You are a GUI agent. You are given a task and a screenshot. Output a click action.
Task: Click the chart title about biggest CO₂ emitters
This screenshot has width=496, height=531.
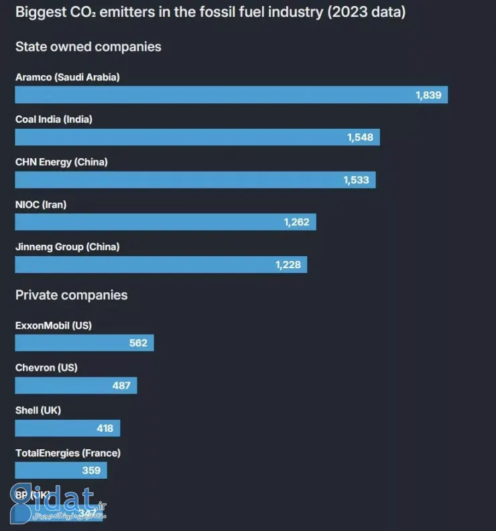[210, 13]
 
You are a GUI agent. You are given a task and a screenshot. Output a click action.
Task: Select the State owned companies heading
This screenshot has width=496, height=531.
[88, 47]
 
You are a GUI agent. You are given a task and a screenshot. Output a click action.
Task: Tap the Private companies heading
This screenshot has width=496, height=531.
[71, 295]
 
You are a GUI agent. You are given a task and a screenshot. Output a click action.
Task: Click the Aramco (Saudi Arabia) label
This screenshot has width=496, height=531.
[67, 77]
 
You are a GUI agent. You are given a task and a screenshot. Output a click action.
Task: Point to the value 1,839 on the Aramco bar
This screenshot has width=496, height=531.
[428, 95]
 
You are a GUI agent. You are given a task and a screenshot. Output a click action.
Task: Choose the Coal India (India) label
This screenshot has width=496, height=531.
[54, 119]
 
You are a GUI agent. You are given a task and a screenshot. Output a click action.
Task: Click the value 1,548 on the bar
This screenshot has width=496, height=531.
[360, 137]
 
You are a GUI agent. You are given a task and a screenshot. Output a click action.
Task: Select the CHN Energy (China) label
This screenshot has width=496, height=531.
[61, 162]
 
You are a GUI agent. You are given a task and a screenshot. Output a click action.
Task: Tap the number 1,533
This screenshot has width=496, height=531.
[356, 180]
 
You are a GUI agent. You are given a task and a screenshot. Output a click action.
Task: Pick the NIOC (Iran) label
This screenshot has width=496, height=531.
[41, 204]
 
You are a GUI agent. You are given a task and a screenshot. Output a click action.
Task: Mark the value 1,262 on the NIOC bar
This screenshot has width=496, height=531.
[296, 222]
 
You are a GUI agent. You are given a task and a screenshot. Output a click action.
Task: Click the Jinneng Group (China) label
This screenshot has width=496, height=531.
[67, 247]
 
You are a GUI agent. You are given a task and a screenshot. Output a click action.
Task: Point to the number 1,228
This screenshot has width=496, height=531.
[288, 265]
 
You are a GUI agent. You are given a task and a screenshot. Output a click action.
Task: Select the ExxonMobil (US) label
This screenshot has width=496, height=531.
[54, 325]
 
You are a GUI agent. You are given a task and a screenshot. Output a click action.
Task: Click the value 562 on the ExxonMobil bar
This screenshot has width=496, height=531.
[138, 343]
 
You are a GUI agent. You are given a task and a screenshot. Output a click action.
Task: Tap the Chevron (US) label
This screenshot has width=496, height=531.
[46, 367]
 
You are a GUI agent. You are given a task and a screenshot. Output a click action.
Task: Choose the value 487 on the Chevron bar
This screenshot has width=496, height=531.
[121, 386]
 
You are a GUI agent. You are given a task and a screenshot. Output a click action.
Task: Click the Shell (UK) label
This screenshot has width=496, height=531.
[38, 410]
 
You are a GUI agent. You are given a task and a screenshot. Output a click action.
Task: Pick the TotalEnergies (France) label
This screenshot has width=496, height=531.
[68, 453]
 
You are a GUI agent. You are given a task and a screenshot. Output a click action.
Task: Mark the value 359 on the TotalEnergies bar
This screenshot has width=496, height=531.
[91, 471]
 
